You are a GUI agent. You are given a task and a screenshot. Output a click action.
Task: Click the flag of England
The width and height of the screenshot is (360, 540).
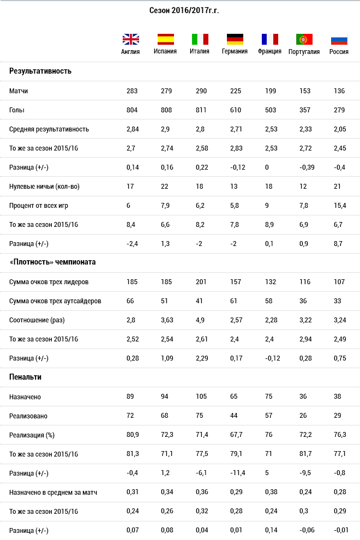(x=131, y=39)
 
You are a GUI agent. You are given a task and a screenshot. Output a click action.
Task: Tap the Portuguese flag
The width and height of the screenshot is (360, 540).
(x=304, y=39)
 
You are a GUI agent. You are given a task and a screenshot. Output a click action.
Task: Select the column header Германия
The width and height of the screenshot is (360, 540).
(x=235, y=51)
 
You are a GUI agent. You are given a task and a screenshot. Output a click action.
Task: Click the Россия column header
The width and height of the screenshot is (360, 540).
(x=339, y=52)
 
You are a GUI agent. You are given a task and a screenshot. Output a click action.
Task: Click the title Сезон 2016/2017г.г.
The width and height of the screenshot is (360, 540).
(x=184, y=11)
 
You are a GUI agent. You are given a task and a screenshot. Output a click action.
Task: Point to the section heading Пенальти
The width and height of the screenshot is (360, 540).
(x=25, y=377)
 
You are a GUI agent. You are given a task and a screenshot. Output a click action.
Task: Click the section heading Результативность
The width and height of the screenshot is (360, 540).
(x=40, y=71)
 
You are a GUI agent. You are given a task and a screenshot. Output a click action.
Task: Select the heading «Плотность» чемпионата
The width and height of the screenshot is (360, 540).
(x=52, y=262)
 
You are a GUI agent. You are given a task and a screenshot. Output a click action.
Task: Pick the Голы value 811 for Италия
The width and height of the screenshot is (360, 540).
(x=201, y=110)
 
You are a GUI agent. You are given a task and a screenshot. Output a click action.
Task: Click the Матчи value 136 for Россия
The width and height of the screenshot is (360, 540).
(x=339, y=91)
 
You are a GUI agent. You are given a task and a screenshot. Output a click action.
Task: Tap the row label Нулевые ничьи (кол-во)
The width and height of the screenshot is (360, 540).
(x=44, y=187)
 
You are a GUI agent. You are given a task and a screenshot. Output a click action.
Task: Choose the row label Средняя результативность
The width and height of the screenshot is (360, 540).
(x=49, y=129)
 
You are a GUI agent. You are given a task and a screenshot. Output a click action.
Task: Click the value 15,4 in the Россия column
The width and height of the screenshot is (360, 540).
(x=340, y=206)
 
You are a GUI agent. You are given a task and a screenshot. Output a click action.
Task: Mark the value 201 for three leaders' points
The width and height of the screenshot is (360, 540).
(x=201, y=282)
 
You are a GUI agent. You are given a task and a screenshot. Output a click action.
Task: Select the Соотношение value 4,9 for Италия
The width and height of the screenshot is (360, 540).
(x=200, y=320)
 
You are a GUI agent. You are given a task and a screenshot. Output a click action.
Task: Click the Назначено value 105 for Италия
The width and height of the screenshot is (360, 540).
(x=201, y=397)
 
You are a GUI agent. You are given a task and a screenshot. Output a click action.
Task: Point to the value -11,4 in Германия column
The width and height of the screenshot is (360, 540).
(x=238, y=473)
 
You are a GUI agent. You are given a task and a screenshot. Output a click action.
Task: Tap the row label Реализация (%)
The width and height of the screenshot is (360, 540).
(x=32, y=435)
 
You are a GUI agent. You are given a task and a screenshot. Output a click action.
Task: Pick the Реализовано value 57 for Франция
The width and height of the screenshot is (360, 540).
(x=269, y=416)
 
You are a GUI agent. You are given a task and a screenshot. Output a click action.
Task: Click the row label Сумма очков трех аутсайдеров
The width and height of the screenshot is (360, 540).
(x=55, y=301)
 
